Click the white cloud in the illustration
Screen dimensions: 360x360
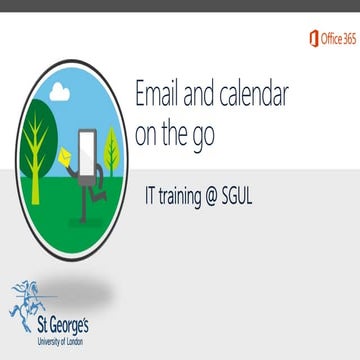point(58,92)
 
